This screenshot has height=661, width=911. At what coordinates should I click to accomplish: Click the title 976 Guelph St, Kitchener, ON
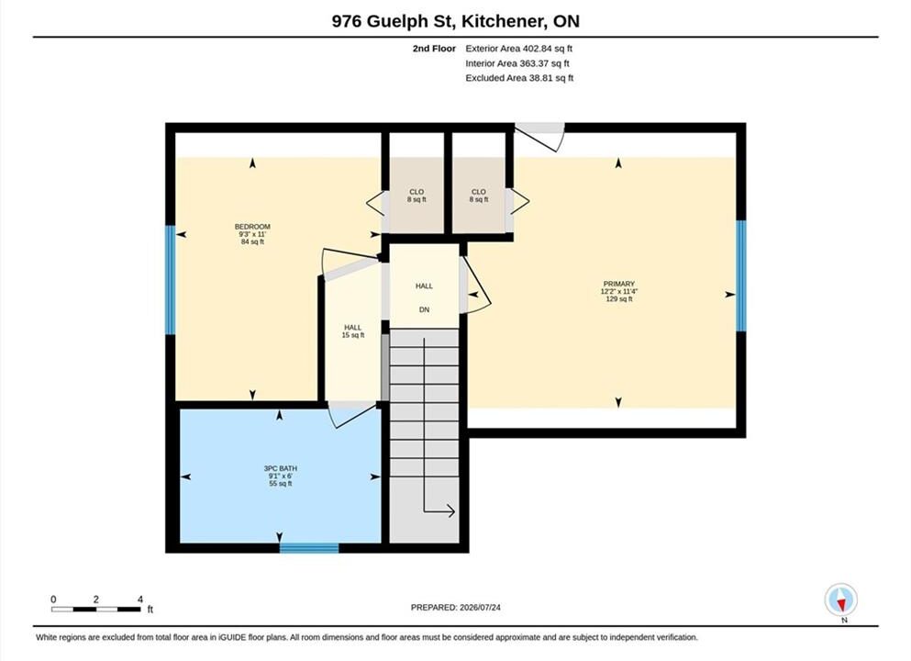click(455, 21)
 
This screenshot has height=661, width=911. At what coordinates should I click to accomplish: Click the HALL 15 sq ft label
click(352, 331)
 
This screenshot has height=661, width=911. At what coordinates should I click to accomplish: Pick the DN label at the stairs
click(424, 310)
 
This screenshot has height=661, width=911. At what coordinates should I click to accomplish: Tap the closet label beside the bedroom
click(417, 196)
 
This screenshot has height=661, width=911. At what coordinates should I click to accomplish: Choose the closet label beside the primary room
click(479, 196)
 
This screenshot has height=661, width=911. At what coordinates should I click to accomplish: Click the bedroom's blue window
click(171, 280)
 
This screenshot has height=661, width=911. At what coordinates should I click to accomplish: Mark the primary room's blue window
click(741, 275)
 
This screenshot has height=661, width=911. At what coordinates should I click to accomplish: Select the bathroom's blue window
click(309, 548)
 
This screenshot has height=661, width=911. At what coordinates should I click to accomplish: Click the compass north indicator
click(840, 600)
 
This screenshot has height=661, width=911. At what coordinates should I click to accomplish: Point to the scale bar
click(95, 610)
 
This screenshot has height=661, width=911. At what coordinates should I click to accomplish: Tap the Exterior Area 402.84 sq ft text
click(519, 49)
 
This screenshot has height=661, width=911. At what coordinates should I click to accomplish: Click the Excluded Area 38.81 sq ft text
click(519, 78)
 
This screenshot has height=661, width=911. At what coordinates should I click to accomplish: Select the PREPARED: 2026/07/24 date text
click(455, 608)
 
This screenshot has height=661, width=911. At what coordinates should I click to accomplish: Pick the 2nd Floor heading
click(434, 49)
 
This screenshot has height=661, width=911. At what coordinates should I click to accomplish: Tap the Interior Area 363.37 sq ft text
click(517, 63)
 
